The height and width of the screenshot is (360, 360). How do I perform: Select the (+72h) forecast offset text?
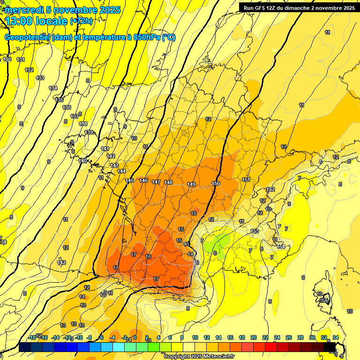(81, 21)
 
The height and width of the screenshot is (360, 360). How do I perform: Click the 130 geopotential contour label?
(7, 60)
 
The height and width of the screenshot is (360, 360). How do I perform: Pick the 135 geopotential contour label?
(60, 100)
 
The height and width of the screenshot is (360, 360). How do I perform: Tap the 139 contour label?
(89, 133)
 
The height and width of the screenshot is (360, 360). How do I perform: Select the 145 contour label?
(130, 181)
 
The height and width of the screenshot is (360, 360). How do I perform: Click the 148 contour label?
(169, 182)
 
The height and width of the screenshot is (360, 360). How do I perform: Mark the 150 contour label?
(216, 183)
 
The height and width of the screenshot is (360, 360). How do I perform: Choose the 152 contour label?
(270, 189)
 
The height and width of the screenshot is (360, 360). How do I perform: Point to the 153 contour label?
(255, 231)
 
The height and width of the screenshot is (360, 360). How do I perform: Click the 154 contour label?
(281, 247)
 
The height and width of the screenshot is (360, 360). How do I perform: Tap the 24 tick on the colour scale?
(277, 337)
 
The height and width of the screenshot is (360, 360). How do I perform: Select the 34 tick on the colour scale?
(336, 337)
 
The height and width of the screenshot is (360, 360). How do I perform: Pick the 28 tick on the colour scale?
(300, 337)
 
